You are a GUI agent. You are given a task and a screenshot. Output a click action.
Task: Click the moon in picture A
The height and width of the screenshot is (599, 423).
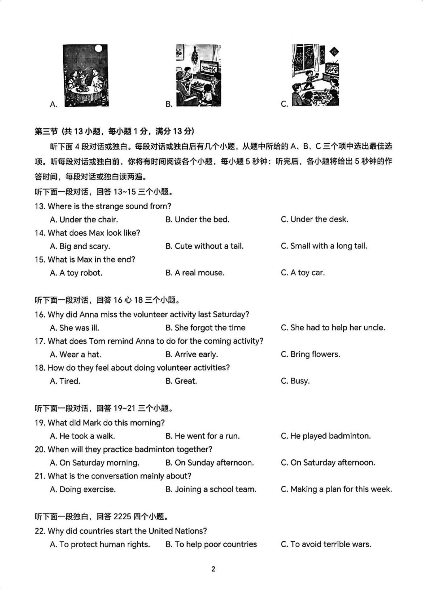click(x=98, y=49)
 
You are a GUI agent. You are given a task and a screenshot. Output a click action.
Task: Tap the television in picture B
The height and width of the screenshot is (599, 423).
click(x=209, y=68)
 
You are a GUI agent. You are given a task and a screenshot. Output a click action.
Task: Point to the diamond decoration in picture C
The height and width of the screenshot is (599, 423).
click(x=335, y=52)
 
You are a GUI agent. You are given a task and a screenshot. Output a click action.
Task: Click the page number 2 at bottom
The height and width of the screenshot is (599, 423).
click(x=213, y=569)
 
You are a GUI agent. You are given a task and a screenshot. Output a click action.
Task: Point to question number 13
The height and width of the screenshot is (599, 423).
click(x=40, y=206)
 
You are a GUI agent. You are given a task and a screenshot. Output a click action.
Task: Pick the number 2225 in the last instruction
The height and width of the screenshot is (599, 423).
click(x=122, y=516)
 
